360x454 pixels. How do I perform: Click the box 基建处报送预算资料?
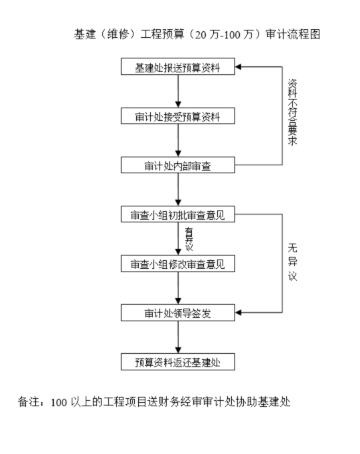click(x=177, y=67)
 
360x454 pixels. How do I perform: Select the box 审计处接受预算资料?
click(x=177, y=116)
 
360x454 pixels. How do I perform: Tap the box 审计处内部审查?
click(x=177, y=165)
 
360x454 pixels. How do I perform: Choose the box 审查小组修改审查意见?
click(x=177, y=264)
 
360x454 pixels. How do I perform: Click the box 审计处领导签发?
click(x=177, y=312)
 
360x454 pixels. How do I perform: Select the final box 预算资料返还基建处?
click(x=177, y=362)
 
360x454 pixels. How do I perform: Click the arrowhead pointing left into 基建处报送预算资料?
click(x=240, y=67)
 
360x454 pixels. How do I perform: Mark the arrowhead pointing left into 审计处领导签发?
click(x=240, y=312)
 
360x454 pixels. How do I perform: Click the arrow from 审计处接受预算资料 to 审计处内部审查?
click(x=177, y=141)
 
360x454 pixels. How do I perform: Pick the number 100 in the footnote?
click(x=58, y=403)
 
